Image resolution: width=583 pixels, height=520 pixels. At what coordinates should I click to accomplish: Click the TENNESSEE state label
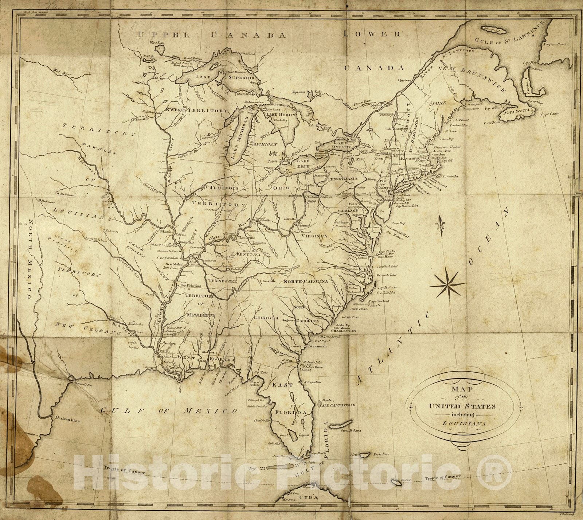223,281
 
